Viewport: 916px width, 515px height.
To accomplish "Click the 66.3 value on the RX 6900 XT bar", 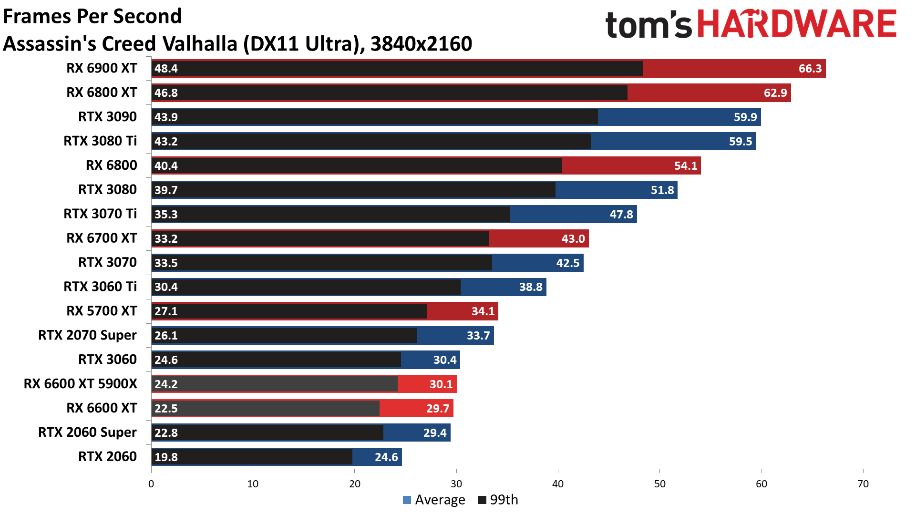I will [x=810, y=69].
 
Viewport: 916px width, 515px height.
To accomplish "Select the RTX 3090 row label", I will [x=107, y=117].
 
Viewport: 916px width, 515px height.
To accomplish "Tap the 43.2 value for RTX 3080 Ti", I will [x=166, y=142].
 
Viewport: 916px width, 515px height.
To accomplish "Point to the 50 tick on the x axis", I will [x=659, y=484].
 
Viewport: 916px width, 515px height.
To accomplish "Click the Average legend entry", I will [x=434, y=500].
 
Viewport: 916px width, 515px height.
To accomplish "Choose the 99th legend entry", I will [x=498, y=500].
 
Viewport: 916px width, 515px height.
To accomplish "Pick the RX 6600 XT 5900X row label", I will [x=80, y=384].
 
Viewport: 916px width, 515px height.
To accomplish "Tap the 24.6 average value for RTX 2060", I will [x=386, y=457].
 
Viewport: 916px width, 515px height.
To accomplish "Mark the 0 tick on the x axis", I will [x=151, y=484].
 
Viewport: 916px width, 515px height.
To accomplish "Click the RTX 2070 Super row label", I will [x=87, y=335].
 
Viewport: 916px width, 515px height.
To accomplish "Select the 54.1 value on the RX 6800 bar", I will [x=685, y=166].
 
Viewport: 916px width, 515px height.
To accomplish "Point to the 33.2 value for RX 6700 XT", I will [x=166, y=239].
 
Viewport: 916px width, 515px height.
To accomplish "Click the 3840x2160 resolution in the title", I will [x=421, y=44].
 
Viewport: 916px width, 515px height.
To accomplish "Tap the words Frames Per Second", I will [x=93, y=16].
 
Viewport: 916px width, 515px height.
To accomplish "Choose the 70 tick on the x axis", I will [x=863, y=484].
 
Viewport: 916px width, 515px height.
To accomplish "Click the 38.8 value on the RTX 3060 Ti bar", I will [x=530, y=287].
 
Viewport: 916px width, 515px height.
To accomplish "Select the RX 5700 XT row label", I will [x=102, y=311].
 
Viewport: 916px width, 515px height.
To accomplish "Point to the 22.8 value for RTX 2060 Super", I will [x=166, y=433].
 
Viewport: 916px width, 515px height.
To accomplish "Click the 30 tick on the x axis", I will [x=456, y=484].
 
